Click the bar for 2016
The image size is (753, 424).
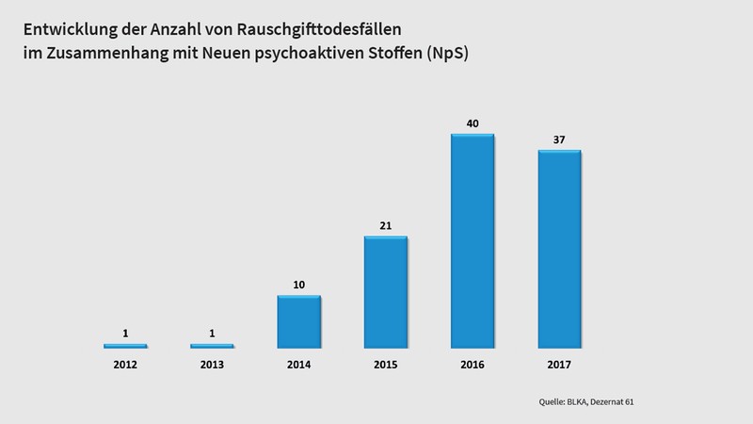pos(473,241)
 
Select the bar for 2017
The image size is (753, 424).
pos(560,250)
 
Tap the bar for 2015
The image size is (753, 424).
pos(386,292)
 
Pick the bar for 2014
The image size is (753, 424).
pos(298,322)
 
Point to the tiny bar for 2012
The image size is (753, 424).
pos(125,347)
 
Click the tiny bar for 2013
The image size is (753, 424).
pos(212,347)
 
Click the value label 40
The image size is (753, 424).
pos(473,123)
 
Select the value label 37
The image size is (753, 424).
pos(560,140)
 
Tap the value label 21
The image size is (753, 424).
pos(386,226)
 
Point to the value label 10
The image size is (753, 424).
pos(298,285)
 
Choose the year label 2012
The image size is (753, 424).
pos(125,364)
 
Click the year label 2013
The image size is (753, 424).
pos(212,364)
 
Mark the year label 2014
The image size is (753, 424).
pos(298,364)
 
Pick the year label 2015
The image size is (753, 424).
pos(386,364)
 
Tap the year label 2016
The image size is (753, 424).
pos(473,364)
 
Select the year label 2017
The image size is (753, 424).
pos(560,364)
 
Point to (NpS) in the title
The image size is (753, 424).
pos(449,54)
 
